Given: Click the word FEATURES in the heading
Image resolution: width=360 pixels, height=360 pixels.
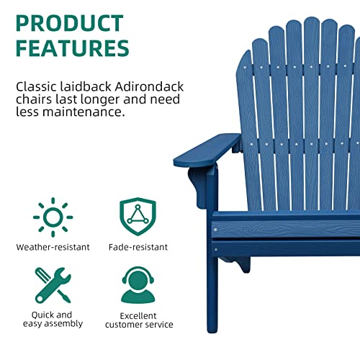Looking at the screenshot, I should pyautogui.click(x=72, y=48).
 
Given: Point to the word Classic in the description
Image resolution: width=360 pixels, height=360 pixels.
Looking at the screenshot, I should pyautogui.click(x=36, y=86).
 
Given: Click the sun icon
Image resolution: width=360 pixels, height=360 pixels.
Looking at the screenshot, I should pyautogui.click(x=53, y=216).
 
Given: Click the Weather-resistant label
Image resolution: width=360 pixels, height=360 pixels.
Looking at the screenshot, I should pyautogui.click(x=53, y=247).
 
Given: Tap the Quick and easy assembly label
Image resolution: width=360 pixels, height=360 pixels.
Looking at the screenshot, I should pyautogui.click(x=52, y=319).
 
